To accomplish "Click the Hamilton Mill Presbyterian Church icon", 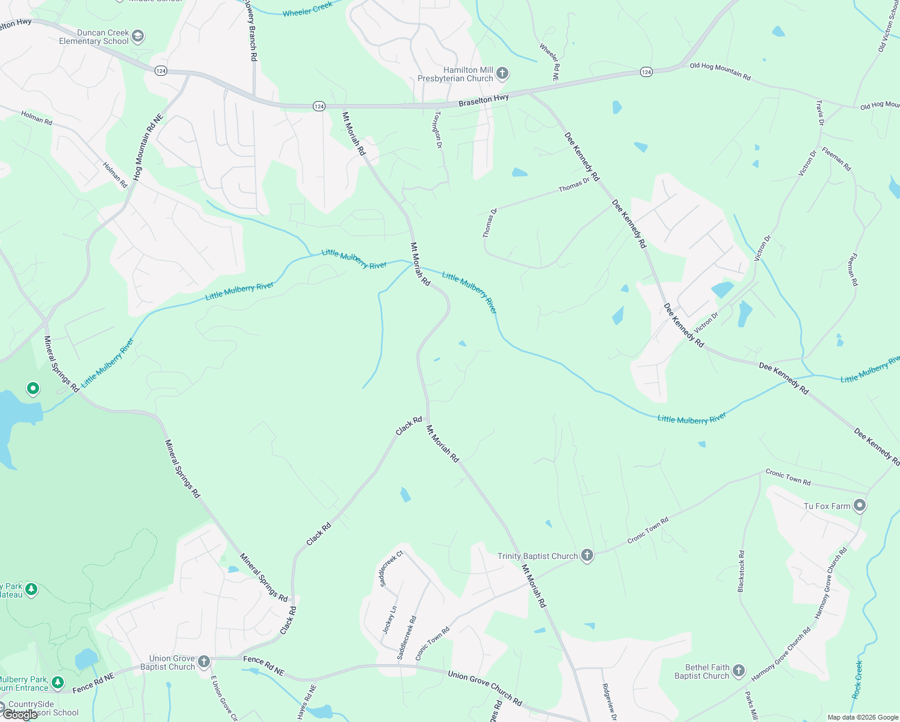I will [x=502, y=73].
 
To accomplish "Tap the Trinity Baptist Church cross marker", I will [x=587, y=556].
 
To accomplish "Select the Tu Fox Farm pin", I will [x=860, y=505].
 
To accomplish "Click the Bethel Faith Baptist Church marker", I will [x=739, y=671].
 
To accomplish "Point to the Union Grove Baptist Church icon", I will [x=204, y=662].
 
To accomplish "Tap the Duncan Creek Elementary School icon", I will [x=138, y=37].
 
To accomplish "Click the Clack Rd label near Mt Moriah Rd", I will [x=409, y=426].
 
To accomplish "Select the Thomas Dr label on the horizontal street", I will [x=574, y=185].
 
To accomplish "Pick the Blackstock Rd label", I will [x=741, y=571].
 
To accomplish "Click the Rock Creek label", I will [x=857, y=679].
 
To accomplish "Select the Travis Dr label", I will [x=820, y=113].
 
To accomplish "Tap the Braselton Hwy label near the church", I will [x=484, y=100].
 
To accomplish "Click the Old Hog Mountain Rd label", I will [x=720, y=71].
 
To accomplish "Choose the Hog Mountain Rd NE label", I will [x=148, y=147].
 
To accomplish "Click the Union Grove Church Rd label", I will [x=485, y=686].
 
